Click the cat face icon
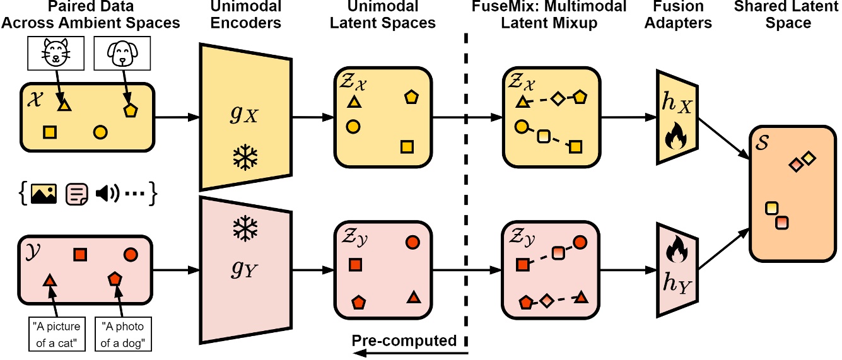[x=56, y=52]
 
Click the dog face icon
[x=122, y=53]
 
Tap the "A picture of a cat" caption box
[x=57, y=334]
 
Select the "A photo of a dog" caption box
[x=123, y=334]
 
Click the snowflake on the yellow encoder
[x=245, y=157]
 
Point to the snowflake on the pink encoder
[x=245, y=228]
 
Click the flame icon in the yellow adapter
[x=676, y=136]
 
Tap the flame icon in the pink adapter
[x=677, y=249]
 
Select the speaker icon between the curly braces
[x=107, y=194]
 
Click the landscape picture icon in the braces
[x=44, y=194]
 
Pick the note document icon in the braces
[x=77, y=194]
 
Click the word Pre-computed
[x=404, y=340]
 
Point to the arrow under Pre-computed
[x=411, y=353]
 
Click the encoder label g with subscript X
[x=244, y=114]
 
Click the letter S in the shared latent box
[x=762, y=142]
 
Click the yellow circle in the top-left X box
[x=100, y=132]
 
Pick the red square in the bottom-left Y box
[x=80, y=255]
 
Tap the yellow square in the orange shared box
[x=772, y=208]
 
